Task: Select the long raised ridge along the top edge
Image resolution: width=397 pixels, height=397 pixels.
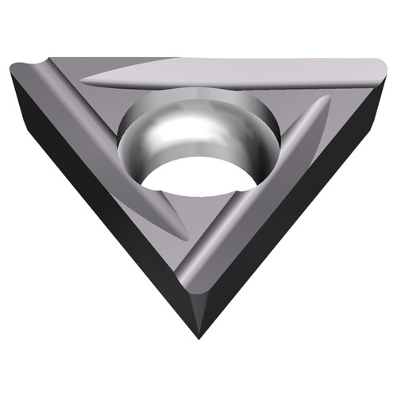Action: [x=222, y=73]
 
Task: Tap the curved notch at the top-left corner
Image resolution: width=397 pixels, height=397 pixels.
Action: [x=36, y=67]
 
